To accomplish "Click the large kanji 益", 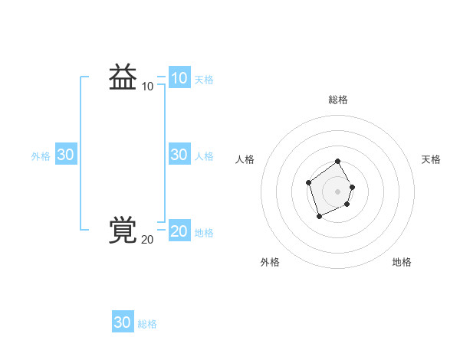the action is pyautogui.click(x=123, y=77).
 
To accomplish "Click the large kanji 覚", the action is pyautogui.click(x=123, y=230).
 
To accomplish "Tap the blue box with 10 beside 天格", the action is pyautogui.click(x=179, y=78).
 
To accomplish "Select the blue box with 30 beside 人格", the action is pyautogui.click(x=179, y=155).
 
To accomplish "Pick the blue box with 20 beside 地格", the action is pyautogui.click(x=179, y=231).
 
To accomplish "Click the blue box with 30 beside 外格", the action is pyautogui.click(x=65, y=155).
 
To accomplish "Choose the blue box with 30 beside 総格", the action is pyautogui.click(x=123, y=322).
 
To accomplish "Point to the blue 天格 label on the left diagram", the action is pyautogui.click(x=204, y=79).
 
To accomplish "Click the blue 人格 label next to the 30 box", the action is pyautogui.click(x=204, y=155).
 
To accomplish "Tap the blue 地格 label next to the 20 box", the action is pyautogui.click(x=204, y=232).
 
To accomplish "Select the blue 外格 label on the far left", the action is pyautogui.click(x=41, y=155).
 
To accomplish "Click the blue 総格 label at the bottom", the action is pyautogui.click(x=147, y=324).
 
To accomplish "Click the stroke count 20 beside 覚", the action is pyautogui.click(x=147, y=240).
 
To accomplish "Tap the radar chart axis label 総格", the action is pyautogui.click(x=337, y=100).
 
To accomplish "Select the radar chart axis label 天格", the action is pyautogui.click(x=431, y=159).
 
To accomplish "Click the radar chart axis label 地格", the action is pyautogui.click(x=402, y=262).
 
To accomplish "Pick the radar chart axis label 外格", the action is pyautogui.click(x=270, y=262).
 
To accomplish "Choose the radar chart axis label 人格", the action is pyautogui.click(x=245, y=159).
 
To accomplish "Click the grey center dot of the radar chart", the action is pyautogui.click(x=337, y=191).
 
